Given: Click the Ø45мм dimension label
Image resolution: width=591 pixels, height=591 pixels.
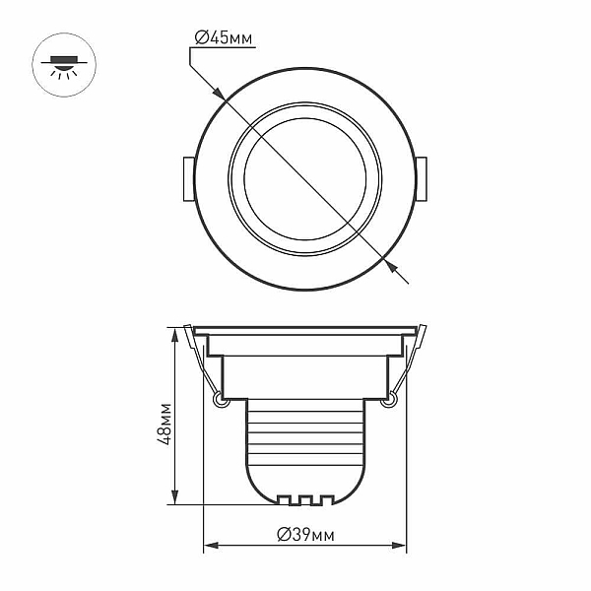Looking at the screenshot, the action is pyautogui.click(x=224, y=38).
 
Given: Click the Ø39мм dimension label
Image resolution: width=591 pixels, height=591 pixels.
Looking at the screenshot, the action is pyautogui.click(x=305, y=535).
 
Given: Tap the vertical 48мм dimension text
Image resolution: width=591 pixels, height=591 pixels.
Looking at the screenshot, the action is pyautogui.click(x=164, y=425).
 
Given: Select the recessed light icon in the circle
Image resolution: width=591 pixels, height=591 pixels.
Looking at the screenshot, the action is pyautogui.click(x=64, y=66).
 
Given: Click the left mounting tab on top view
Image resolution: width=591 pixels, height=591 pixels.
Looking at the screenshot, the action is pyautogui.click(x=189, y=179).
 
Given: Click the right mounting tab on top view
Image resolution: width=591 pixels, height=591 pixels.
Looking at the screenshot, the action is pyautogui.click(x=421, y=179).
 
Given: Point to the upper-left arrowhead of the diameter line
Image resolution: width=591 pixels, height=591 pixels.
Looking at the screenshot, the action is pyautogui.click(x=220, y=95).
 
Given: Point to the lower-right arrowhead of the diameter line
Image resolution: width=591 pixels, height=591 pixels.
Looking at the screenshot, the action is pyautogui.click(x=391, y=265).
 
